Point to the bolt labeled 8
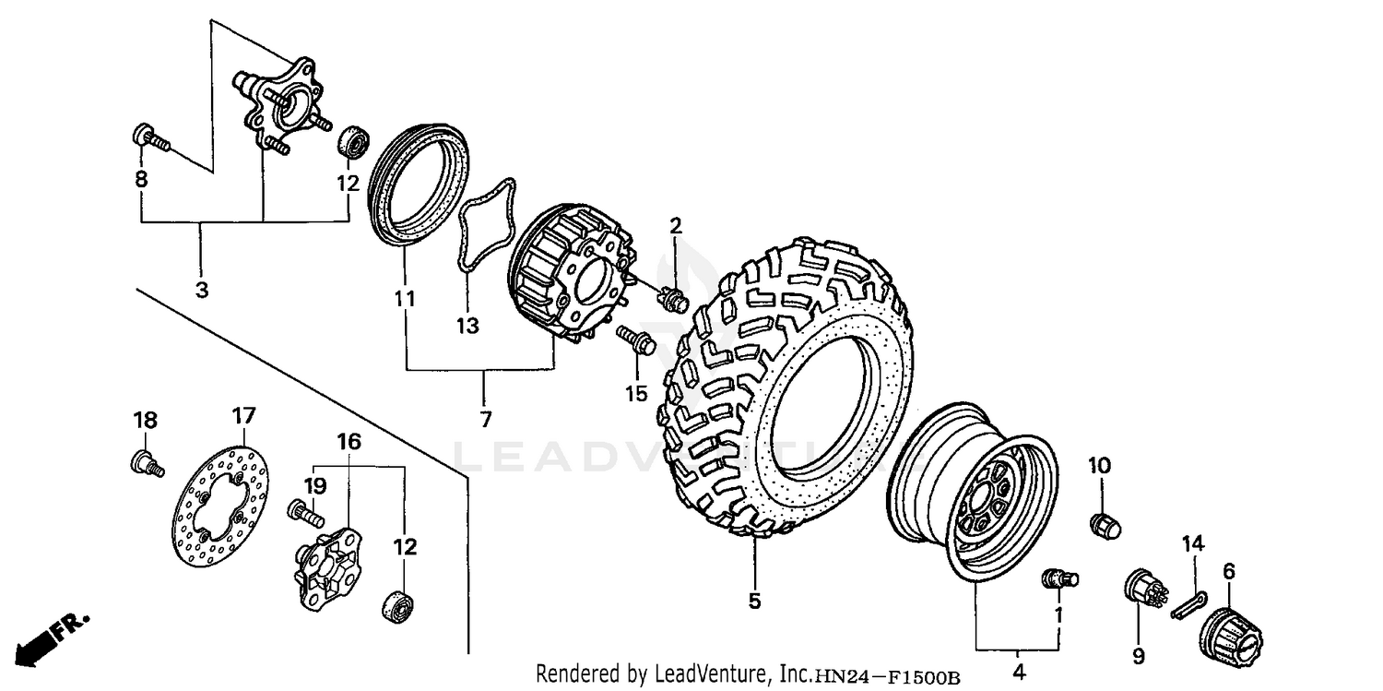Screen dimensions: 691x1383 [x=149, y=138]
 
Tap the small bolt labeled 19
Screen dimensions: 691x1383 [x=303, y=509]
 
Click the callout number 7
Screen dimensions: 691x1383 [x=485, y=419]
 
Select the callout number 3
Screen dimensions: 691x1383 [x=201, y=289]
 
